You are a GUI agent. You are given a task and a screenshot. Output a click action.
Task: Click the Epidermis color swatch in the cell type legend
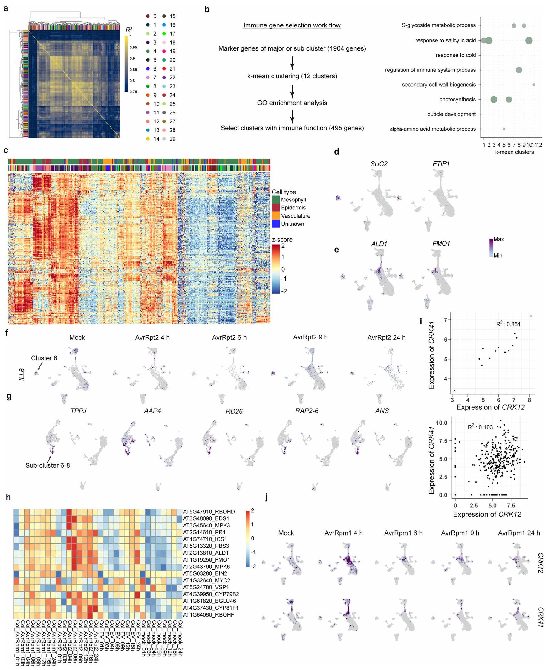pyautogui.click(x=275, y=208)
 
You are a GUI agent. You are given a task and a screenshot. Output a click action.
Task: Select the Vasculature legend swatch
pyautogui.click(x=275, y=216)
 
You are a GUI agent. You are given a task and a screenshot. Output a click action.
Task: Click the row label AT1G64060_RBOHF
pyautogui.click(x=209, y=615)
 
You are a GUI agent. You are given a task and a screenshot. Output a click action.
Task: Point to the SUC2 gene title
pyautogui.click(x=379, y=164)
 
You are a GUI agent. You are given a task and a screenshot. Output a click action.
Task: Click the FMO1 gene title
pyautogui.click(x=441, y=244)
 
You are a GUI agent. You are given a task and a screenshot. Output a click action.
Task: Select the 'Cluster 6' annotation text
pyautogui.click(x=44, y=358)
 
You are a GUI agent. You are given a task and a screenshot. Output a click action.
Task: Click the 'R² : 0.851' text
pyautogui.click(x=508, y=324)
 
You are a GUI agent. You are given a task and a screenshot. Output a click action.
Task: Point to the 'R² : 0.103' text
pyautogui.click(x=480, y=427)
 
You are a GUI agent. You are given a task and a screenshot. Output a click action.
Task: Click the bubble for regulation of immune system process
pyautogui.click(x=519, y=70)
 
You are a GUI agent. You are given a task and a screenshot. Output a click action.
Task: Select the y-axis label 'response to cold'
pyautogui.click(x=455, y=55)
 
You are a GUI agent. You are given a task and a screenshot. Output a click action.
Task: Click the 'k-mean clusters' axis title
pyautogui.click(x=514, y=152)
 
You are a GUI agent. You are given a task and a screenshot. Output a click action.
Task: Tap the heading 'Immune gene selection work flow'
pyautogui.click(x=292, y=25)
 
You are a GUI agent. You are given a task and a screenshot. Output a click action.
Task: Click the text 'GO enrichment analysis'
pyautogui.click(x=292, y=103)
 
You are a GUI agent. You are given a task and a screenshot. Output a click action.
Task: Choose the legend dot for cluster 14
pyautogui.click(x=148, y=139)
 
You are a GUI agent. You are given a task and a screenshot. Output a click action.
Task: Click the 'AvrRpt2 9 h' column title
pyautogui.click(x=310, y=337)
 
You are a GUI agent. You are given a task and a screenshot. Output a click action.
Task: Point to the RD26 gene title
pyautogui.click(x=234, y=411)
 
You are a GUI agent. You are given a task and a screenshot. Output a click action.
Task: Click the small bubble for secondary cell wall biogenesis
pyautogui.click(x=534, y=85)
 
